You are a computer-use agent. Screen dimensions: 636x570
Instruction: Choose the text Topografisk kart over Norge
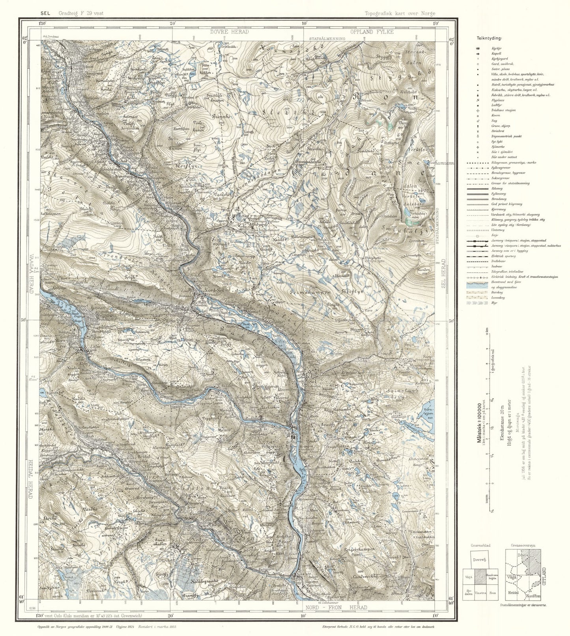pyautogui.click(x=400, y=13)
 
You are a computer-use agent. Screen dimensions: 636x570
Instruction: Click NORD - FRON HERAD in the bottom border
pyautogui.click(x=336, y=607)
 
